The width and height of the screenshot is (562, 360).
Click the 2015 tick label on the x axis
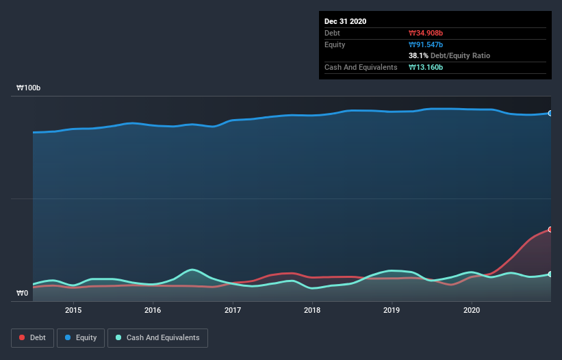(x=73, y=310)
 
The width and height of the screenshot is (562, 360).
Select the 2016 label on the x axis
(x=153, y=310)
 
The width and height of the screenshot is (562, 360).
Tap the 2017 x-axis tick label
(x=233, y=310)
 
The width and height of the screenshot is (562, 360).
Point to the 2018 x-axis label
(x=312, y=310)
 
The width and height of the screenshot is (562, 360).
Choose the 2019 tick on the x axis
(x=392, y=310)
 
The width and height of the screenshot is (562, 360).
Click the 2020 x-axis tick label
(x=472, y=310)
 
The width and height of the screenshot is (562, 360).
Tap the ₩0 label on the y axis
(x=22, y=294)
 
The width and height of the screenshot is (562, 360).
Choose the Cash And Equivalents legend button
(x=157, y=337)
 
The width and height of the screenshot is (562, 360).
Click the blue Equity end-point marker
(x=550, y=113)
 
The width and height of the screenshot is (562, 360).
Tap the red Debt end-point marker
(x=550, y=229)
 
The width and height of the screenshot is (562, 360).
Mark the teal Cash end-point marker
(x=550, y=274)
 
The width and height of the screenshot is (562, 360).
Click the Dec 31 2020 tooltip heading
(x=345, y=21)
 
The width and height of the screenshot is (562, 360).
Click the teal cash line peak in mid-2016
(x=193, y=269)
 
